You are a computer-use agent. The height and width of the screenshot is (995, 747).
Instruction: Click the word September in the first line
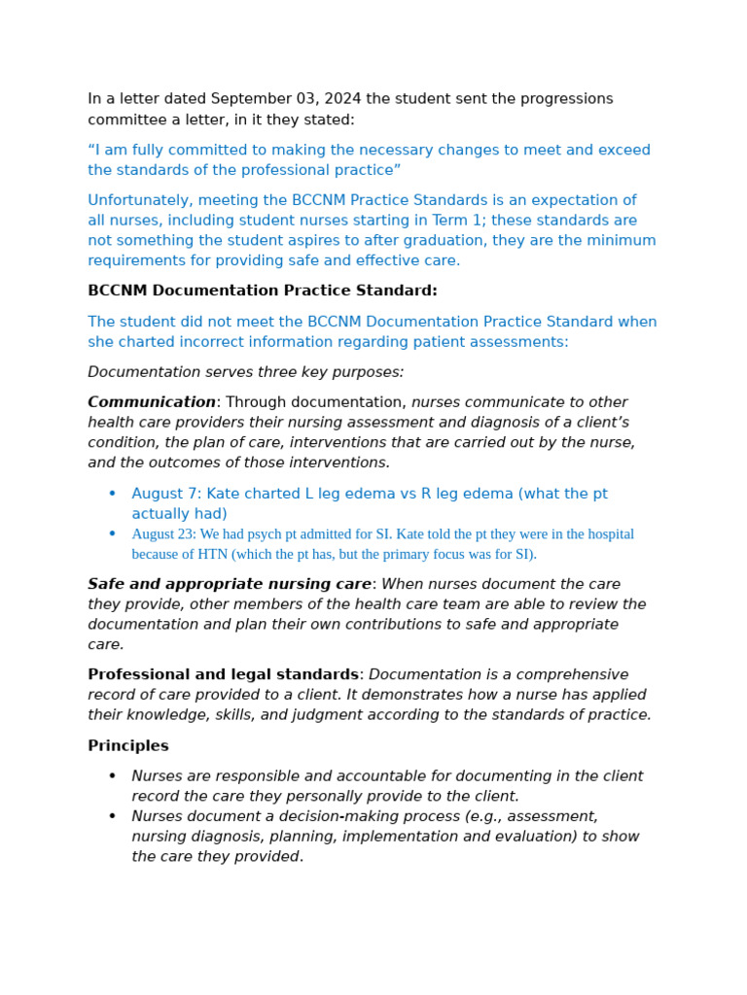(249, 99)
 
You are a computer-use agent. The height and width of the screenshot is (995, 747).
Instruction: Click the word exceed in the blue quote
(624, 151)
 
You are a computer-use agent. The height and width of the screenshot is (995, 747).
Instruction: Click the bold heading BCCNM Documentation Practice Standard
(262, 291)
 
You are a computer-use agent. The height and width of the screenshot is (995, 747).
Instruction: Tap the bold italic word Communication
(152, 402)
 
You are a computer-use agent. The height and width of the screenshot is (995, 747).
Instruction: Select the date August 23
(163, 534)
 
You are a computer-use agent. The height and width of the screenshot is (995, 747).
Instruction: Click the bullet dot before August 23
(112, 533)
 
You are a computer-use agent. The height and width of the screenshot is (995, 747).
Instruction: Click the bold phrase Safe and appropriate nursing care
(230, 584)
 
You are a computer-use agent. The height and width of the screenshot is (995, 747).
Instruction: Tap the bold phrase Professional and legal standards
(223, 674)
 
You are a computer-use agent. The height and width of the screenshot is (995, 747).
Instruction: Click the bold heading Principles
(128, 746)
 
